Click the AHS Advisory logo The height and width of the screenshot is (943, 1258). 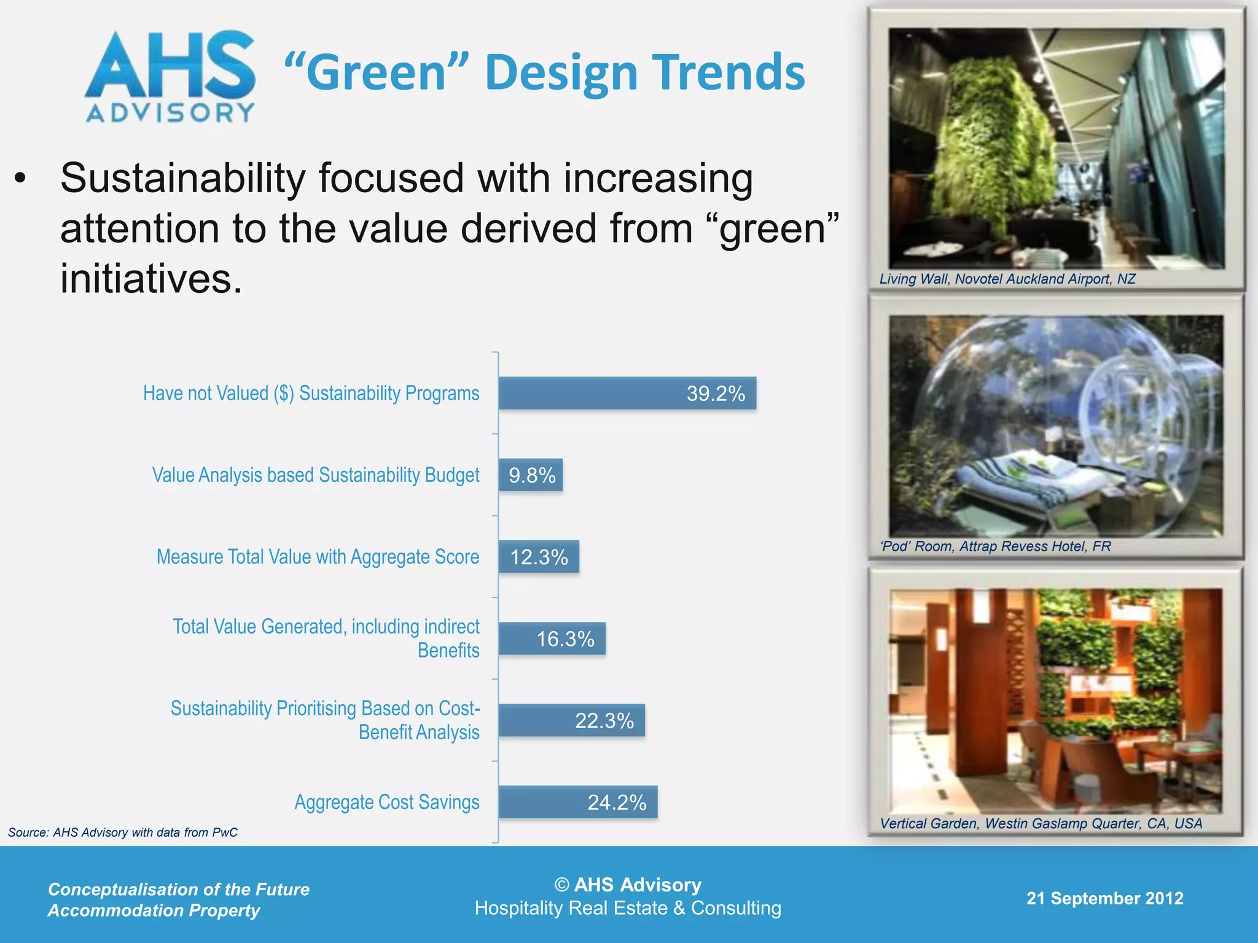click(170, 77)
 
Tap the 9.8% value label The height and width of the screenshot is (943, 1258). click(532, 475)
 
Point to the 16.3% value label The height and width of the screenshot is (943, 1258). click(565, 639)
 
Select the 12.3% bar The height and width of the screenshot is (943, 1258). click(538, 557)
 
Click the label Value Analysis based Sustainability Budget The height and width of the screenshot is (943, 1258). click(316, 475)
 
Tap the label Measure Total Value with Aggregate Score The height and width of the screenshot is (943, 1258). click(318, 557)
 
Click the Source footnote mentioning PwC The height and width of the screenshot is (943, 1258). click(123, 832)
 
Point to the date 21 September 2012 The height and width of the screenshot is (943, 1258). click(1104, 898)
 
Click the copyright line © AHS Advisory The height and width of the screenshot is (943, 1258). click(628, 885)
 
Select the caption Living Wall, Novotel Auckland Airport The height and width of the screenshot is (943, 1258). click(1007, 279)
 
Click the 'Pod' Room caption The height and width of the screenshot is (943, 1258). click(995, 546)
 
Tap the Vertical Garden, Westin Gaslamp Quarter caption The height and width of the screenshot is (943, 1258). click(1041, 823)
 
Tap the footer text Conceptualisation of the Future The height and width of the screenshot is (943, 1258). click(179, 889)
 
